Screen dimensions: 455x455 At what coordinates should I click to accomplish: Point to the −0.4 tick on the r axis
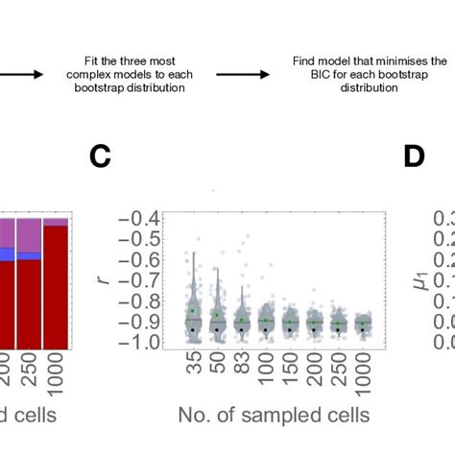[145, 219]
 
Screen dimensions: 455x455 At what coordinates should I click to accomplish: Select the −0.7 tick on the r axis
[145, 279]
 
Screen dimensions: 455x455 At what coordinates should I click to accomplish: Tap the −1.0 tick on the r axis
[145, 340]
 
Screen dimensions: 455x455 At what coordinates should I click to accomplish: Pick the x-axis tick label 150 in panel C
[291, 369]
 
